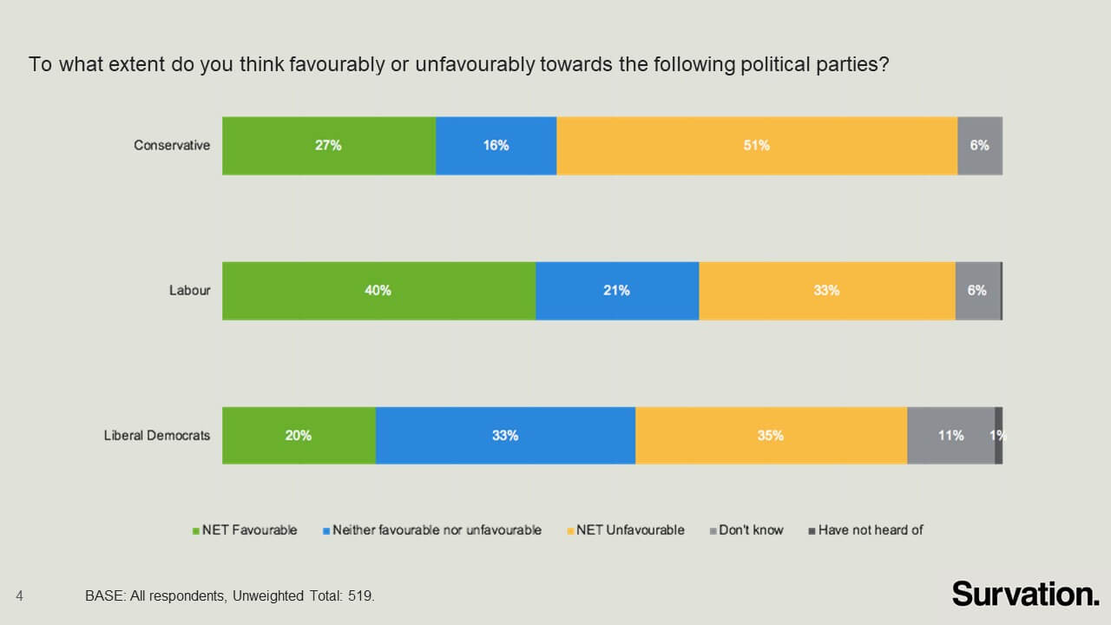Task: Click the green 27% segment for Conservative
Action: (329, 146)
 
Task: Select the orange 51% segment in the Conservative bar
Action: (756, 146)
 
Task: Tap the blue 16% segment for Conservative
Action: (496, 146)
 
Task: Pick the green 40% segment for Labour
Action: (378, 291)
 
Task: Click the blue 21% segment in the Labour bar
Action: (616, 291)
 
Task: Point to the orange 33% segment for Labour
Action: (826, 291)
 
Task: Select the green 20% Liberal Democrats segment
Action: (299, 436)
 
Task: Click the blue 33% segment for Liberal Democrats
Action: (505, 436)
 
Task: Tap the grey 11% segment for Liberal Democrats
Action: (950, 436)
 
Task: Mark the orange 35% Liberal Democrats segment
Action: (771, 436)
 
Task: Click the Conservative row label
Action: (172, 146)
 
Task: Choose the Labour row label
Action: (189, 291)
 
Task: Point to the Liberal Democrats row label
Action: (157, 436)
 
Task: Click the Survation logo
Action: (1025, 594)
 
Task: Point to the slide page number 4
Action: (19, 595)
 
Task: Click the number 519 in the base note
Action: (360, 596)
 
